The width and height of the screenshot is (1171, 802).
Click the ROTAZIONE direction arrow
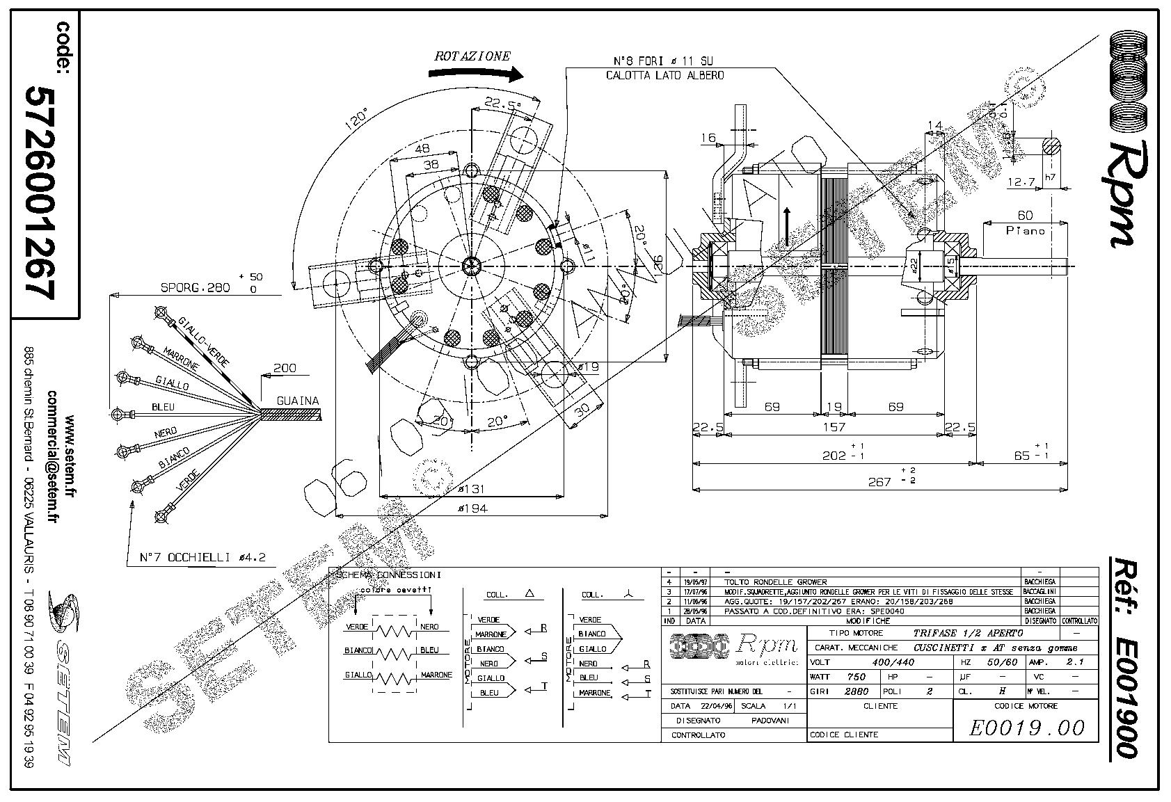click(475, 73)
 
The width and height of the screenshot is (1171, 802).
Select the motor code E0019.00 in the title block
click(1026, 728)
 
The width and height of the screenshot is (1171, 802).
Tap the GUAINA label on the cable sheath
click(298, 401)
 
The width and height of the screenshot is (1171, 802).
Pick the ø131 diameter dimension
click(471, 490)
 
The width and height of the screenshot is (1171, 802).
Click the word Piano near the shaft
click(1026, 230)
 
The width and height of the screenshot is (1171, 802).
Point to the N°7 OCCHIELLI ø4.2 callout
click(202, 557)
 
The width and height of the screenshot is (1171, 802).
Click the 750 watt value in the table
click(857, 677)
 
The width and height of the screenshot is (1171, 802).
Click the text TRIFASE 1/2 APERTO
click(968, 633)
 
